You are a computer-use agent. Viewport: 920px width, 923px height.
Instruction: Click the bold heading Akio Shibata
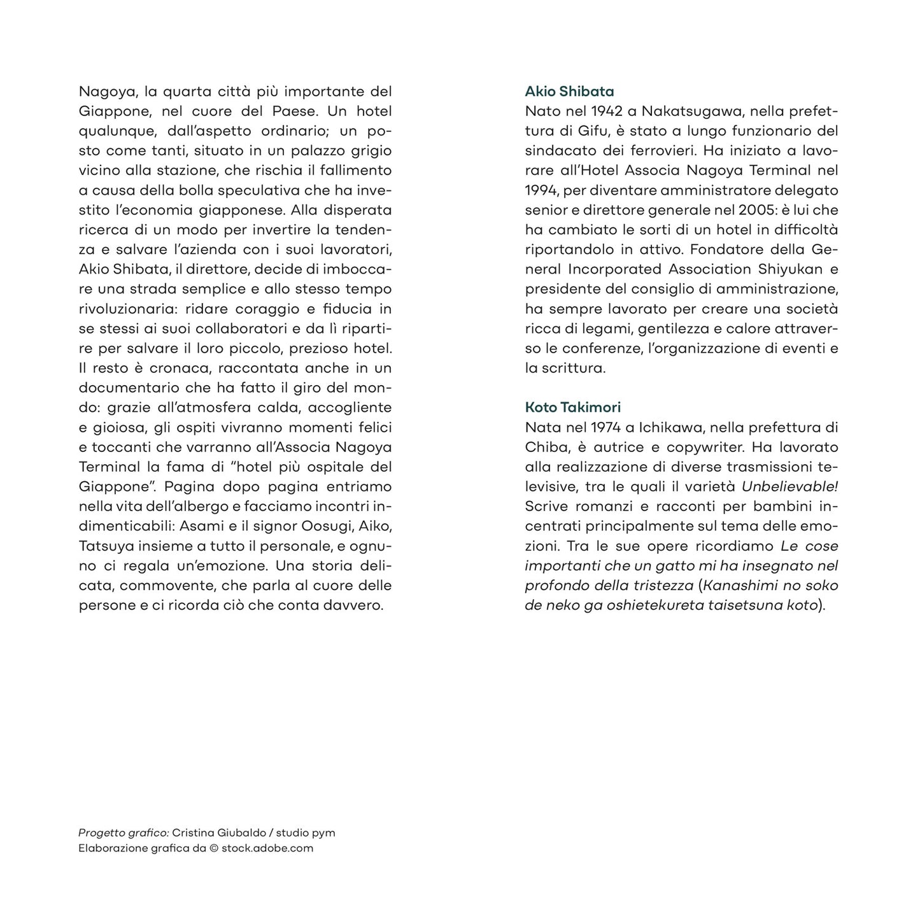point(569,92)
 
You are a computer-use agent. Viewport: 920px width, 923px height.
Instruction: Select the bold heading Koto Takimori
point(572,407)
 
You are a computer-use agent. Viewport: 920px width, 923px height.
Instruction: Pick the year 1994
point(540,190)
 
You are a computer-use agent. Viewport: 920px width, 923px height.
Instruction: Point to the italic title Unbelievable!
point(789,486)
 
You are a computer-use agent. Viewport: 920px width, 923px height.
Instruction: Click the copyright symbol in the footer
point(213,848)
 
